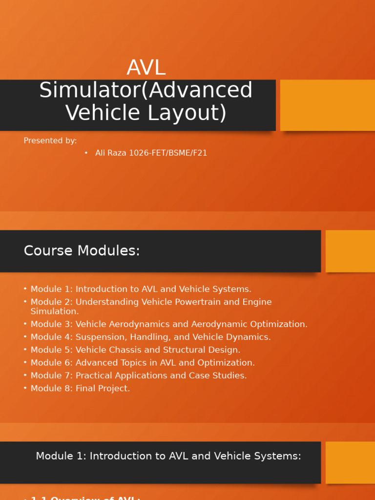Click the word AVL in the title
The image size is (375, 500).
point(146,68)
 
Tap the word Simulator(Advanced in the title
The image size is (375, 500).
point(146,90)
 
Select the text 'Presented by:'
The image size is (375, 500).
point(50,141)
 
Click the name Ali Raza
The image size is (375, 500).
point(111,153)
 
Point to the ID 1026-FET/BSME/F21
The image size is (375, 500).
point(168,153)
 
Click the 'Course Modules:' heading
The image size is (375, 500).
point(82,250)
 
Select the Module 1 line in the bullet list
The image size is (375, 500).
point(141,289)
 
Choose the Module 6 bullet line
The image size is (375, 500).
point(143,363)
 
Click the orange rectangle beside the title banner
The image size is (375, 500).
point(327,105)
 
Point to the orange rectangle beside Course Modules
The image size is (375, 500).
point(350,251)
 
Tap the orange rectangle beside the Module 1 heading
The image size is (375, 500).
point(350,462)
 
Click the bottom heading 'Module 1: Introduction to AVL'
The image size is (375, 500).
point(168,456)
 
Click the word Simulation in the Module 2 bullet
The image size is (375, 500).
point(54,311)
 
